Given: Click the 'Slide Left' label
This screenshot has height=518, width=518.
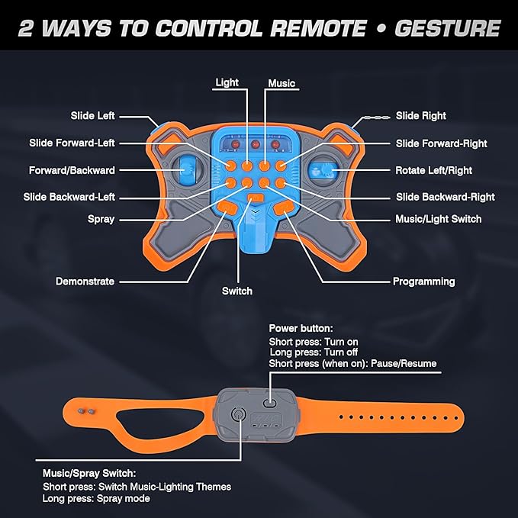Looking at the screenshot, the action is (92, 116).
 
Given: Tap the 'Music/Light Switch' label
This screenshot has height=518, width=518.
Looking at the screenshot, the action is (439, 219).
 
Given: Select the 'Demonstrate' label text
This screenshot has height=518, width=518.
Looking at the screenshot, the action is (85, 282).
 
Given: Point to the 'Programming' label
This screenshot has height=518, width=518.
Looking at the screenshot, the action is (424, 282).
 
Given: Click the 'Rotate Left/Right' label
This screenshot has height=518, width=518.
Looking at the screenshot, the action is (434, 170).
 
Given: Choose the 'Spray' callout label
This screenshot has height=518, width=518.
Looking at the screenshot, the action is (101, 219).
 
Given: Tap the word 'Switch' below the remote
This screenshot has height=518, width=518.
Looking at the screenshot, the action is (237, 291).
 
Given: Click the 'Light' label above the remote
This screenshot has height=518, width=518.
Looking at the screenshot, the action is (227, 82).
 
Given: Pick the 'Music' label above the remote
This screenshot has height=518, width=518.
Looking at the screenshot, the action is (282, 83).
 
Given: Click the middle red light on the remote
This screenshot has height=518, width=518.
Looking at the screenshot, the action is (255, 144).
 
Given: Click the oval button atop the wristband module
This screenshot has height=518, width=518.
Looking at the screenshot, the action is (269, 402).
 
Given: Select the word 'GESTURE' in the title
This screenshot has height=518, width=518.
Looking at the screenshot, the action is (448, 28).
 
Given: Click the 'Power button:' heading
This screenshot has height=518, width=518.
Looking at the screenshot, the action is (301, 328).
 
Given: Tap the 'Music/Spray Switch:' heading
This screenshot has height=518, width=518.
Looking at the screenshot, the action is (89, 474).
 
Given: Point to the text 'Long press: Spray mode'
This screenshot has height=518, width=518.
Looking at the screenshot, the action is (96, 498).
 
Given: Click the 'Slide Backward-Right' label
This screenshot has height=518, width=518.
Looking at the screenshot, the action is (446, 197).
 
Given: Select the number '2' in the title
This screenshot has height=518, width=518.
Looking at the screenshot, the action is (26, 28).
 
